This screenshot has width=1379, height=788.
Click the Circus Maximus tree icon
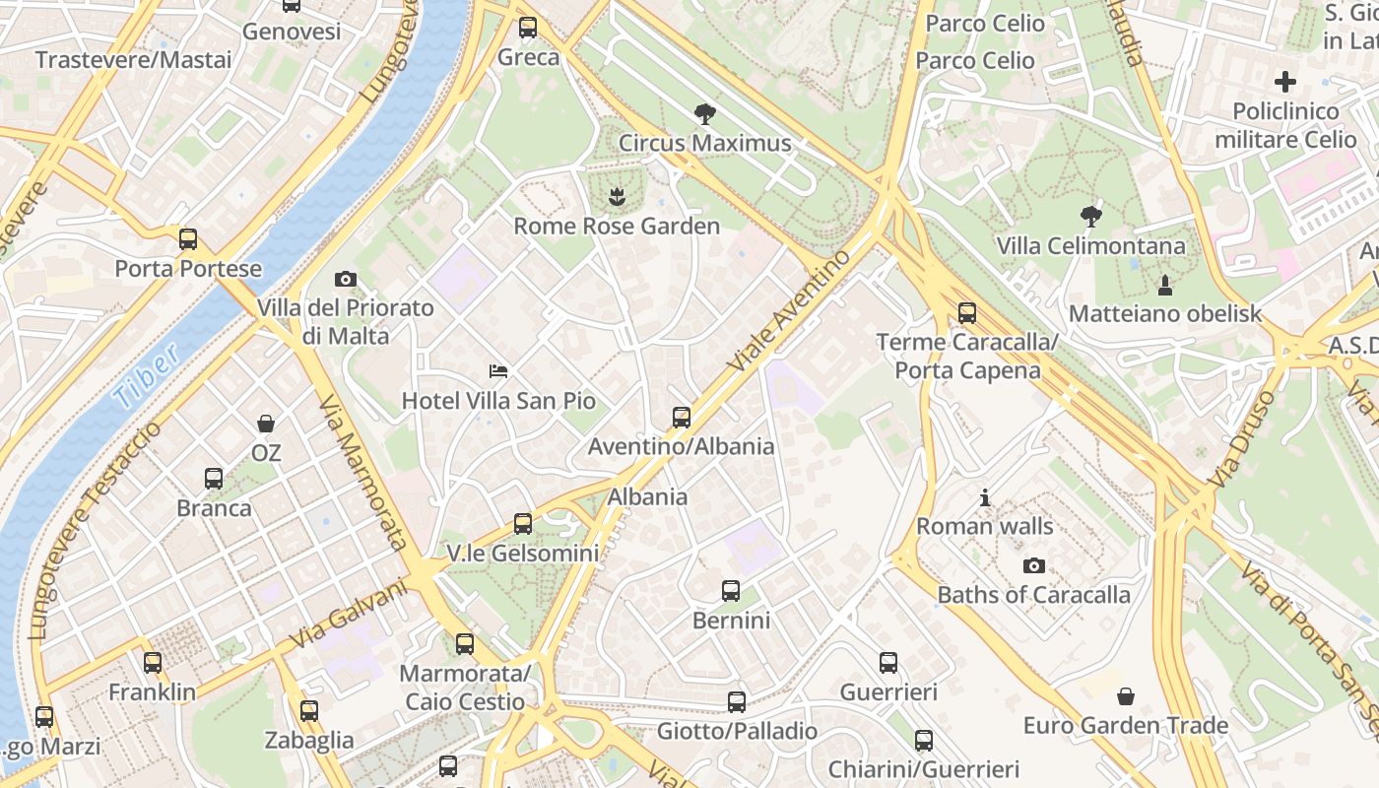click(x=704, y=114)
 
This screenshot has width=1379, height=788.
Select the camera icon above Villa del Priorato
click(x=345, y=280)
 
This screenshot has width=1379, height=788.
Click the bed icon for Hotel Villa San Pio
click(x=498, y=371)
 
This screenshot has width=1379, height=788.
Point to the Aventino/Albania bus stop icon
click(x=682, y=418)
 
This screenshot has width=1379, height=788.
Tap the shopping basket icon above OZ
click(x=266, y=425)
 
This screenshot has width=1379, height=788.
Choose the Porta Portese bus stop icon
click(x=188, y=239)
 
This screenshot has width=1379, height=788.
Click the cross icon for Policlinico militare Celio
click(x=1285, y=82)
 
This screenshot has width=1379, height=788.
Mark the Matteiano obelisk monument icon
click(x=1165, y=286)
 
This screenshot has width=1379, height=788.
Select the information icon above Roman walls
click(x=985, y=498)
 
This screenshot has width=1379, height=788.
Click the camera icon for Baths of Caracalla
click(x=1033, y=565)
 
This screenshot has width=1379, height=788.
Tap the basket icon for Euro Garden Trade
click(x=1126, y=697)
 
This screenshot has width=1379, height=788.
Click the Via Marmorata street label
click(x=362, y=473)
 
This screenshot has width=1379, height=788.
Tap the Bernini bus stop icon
click(x=731, y=591)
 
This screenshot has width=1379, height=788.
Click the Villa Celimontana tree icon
click(x=1090, y=216)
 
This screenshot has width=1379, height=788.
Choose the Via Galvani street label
click(x=349, y=615)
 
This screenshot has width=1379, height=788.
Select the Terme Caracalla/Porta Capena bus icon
click(x=967, y=313)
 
